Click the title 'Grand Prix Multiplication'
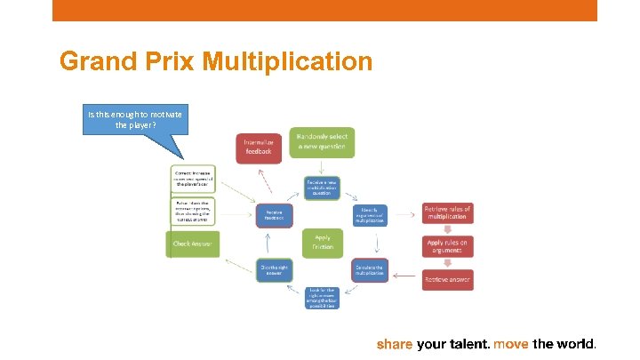[216, 62]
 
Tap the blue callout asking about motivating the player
[134, 120]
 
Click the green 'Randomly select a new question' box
[321, 142]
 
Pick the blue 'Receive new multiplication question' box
[321, 188]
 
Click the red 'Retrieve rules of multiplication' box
[447, 213]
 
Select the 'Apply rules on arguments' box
[447, 246]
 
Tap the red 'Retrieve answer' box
[447, 279]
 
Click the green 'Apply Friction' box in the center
[322, 241]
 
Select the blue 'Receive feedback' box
[274, 214]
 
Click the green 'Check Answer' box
[193, 244]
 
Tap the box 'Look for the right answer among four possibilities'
[321, 298]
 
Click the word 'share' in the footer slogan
[396, 344]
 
